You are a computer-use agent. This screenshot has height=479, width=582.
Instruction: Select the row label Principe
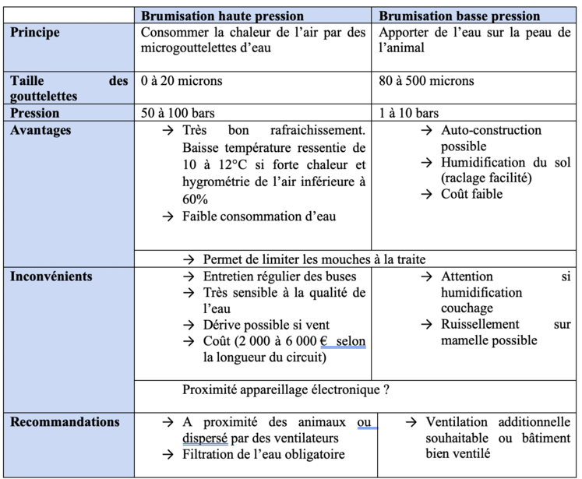[35, 33]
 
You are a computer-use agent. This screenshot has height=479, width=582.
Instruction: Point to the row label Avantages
[41, 130]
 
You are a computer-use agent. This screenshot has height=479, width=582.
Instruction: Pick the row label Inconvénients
[51, 276]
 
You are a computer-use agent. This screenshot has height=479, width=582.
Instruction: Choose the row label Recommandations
[65, 422]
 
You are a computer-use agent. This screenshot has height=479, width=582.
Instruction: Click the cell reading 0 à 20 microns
[182, 81]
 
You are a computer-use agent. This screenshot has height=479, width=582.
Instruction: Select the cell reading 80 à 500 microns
[426, 81]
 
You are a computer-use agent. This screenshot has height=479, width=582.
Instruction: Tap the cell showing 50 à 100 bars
[182, 113]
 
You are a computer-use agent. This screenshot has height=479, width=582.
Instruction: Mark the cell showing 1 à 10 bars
[408, 113]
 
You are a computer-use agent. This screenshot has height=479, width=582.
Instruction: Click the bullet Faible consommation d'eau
[259, 216]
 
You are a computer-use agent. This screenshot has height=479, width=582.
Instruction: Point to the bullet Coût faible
[471, 194]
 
